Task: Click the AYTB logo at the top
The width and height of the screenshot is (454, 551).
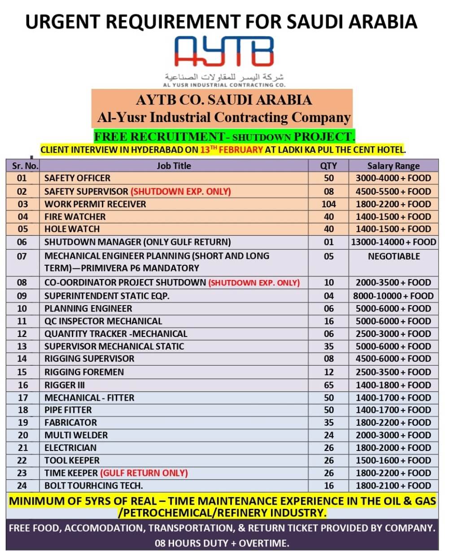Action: (223, 51)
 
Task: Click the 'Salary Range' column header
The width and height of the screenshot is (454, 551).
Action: (393, 166)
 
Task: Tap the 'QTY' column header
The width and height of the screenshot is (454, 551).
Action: (328, 166)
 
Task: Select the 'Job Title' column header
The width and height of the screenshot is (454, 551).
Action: (174, 166)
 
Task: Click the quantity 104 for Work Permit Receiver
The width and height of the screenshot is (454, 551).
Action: (328, 204)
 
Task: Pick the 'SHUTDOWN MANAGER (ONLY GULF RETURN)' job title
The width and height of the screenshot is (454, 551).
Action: (137, 242)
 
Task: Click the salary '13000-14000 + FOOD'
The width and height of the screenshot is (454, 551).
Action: (393, 242)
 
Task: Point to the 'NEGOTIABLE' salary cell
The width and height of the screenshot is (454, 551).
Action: (393, 256)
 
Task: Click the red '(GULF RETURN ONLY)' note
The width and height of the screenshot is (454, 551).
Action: (144, 473)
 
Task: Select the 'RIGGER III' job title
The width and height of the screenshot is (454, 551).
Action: (65, 385)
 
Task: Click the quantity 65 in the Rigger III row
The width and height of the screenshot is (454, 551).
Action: (328, 385)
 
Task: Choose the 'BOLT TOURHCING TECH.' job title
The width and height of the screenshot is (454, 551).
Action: (93, 485)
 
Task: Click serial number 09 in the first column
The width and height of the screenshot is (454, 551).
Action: (22, 296)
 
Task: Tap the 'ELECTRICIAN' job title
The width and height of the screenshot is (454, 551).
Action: (70, 448)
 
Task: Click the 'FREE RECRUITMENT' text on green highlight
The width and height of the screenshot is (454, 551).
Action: (159, 136)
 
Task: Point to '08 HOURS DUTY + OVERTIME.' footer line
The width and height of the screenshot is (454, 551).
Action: (222, 543)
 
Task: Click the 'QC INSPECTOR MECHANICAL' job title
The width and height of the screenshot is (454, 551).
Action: (103, 321)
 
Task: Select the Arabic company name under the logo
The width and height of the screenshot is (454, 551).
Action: (224, 76)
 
